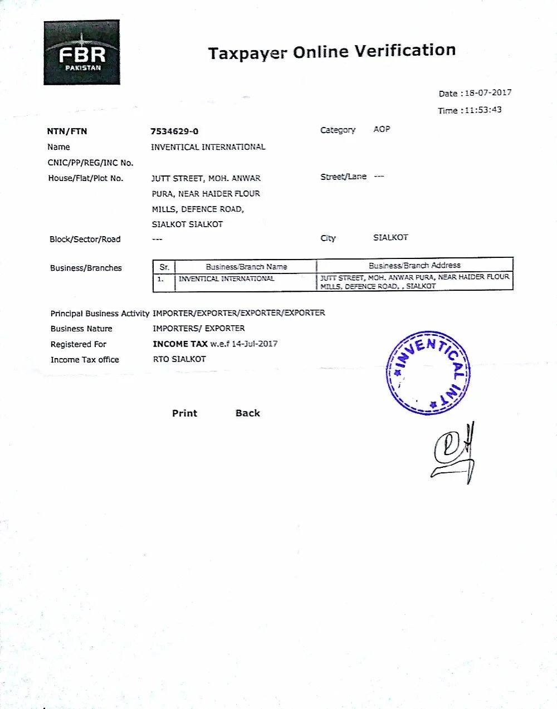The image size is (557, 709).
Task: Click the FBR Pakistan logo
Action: point(82,53)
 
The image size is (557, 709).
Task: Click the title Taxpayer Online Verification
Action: point(332,52)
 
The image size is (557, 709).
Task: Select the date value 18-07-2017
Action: point(488,93)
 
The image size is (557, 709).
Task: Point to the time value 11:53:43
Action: point(483,110)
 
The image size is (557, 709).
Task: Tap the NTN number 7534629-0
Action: point(174,131)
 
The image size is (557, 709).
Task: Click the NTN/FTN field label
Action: point(67,131)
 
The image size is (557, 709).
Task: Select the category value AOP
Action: point(382,129)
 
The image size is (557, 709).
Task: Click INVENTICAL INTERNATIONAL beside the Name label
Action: point(208,147)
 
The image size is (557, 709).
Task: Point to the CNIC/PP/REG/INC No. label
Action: point(90,163)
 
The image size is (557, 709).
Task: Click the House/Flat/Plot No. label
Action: point(86,178)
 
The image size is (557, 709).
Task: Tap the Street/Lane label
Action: point(343,177)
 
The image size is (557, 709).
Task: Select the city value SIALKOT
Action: point(390,237)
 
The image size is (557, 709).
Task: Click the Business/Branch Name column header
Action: point(246,267)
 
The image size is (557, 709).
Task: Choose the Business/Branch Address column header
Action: point(414,266)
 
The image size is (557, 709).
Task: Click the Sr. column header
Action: point(164,267)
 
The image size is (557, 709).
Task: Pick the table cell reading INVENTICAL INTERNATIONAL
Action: point(226,278)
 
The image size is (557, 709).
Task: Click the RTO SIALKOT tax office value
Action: point(179,359)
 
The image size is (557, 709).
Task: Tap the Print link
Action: point(184,413)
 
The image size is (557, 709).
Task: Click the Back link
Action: point(248,413)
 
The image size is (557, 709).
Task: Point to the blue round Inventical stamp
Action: point(428,373)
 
